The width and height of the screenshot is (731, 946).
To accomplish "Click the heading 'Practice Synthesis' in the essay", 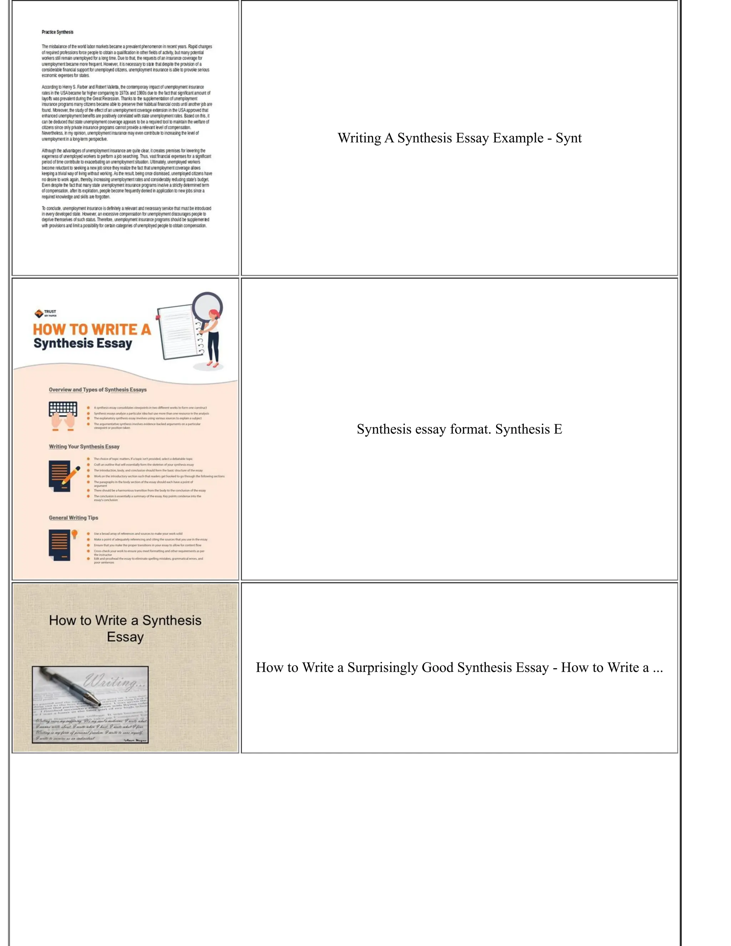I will [57, 32].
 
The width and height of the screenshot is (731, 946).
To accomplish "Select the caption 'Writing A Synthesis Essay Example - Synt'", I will [459, 138].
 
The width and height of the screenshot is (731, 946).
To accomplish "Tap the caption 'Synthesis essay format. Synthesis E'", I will [459, 429].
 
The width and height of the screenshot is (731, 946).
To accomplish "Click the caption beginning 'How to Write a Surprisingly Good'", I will [459, 667].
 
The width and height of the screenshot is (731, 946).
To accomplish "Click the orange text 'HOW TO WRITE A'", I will [92, 329].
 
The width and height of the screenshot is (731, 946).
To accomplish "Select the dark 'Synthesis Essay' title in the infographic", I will [83, 343].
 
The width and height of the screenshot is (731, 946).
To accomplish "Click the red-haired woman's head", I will [213, 315].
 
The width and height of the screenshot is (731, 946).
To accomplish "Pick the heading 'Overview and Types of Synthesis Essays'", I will [97, 390].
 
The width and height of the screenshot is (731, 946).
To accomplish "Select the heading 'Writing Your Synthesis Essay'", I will [84, 447].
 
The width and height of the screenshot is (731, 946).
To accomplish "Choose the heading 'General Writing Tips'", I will [73, 518].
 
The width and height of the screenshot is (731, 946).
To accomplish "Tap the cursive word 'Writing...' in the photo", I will [115, 682].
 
